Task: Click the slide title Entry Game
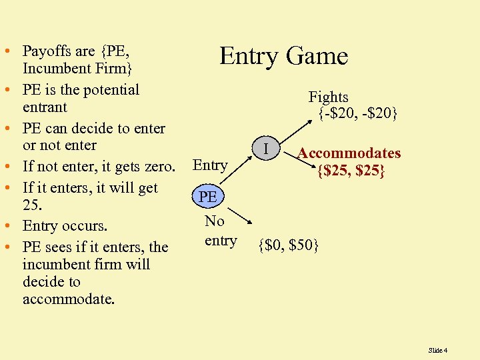pyautogui.click(x=284, y=56)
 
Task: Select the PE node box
pyautogui.click(x=208, y=197)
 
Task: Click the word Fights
pyautogui.click(x=328, y=97)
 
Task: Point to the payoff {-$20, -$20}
pyautogui.click(x=357, y=114)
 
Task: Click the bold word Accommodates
pyautogui.click(x=349, y=153)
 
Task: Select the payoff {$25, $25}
pyautogui.click(x=351, y=171)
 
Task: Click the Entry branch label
pyautogui.click(x=210, y=165)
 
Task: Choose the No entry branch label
pyautogui.click(x=220, y=231)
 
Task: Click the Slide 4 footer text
pyautogui.click(x=437, y=350)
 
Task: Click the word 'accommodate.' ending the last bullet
pyautogui.click(x=69, y=299)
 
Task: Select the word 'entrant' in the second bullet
pyautogui.click(x=45, y=107)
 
